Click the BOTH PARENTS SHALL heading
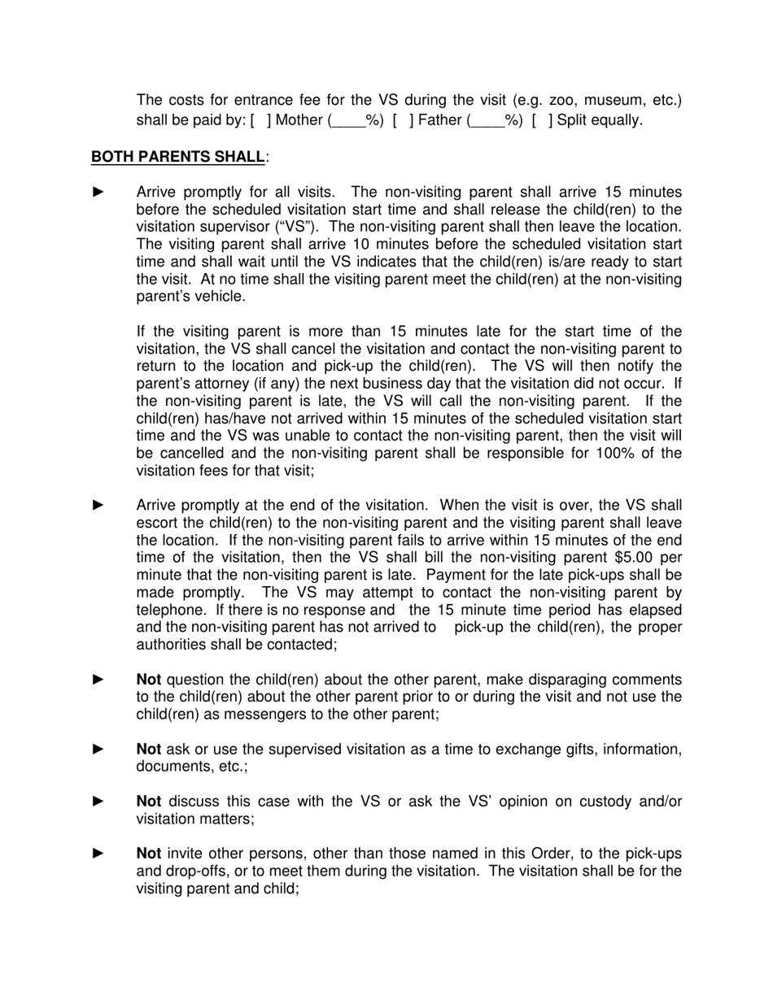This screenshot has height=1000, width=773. click(177, 156)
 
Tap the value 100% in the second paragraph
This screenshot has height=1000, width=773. click(600, 453)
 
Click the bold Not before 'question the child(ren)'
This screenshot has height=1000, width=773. click(148, 680)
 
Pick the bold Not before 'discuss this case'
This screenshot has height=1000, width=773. click(148, 802)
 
